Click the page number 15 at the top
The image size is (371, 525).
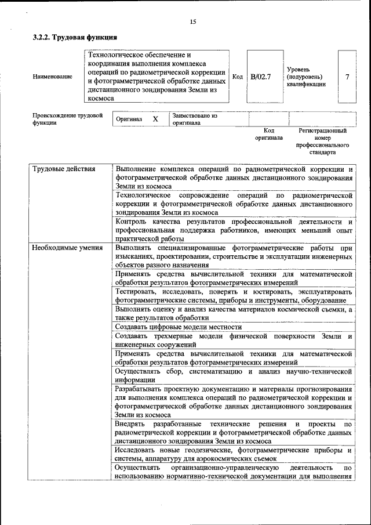coord(192,21)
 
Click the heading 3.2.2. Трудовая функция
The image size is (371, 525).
coord(70,37)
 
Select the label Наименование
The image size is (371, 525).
coord(53,77)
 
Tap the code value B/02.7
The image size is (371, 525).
coord(261,77)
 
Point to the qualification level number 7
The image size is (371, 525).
coord(347,77)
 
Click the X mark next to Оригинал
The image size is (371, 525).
coord(155,119)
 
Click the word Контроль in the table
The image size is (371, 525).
coord(130,222)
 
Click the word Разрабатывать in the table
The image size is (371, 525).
coord(140,389)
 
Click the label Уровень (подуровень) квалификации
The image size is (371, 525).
coord(305,77)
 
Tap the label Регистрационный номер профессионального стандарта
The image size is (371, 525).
coord(323,142)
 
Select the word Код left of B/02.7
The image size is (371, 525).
coord(237,77)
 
